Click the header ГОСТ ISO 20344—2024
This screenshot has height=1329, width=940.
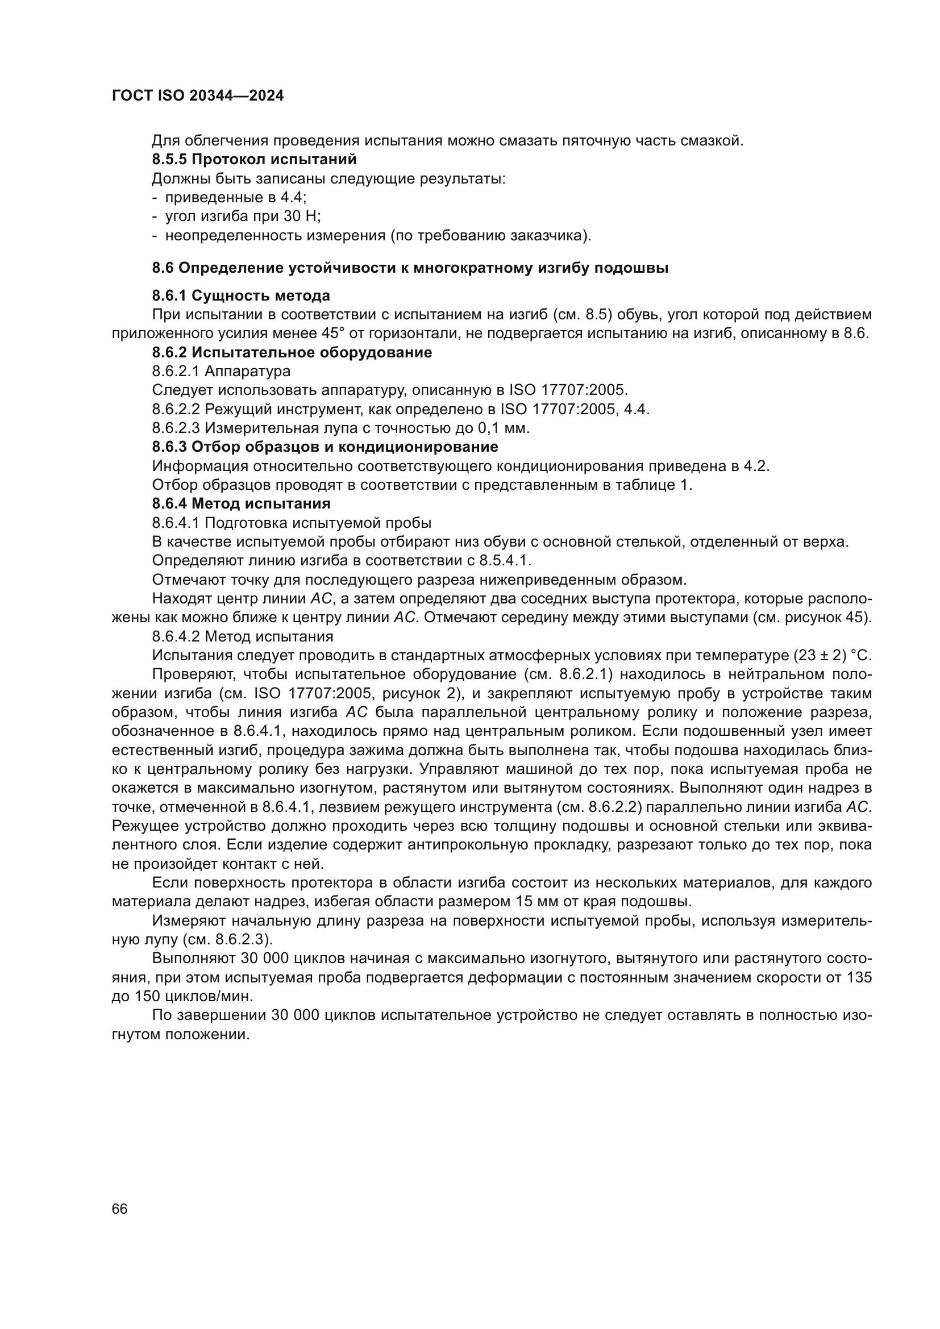197,96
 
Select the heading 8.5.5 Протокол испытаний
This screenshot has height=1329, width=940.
254,159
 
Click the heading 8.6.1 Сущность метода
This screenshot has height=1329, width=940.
241,296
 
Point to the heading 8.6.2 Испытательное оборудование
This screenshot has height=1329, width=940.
292,352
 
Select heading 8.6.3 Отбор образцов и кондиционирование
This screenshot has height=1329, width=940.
325,447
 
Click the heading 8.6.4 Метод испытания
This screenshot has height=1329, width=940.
241,503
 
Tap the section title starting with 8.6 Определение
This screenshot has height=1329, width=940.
410,268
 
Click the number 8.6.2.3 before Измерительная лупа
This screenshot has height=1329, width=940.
176,428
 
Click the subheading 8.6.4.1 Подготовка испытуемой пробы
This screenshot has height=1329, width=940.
292,523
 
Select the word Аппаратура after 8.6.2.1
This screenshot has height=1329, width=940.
248,371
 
